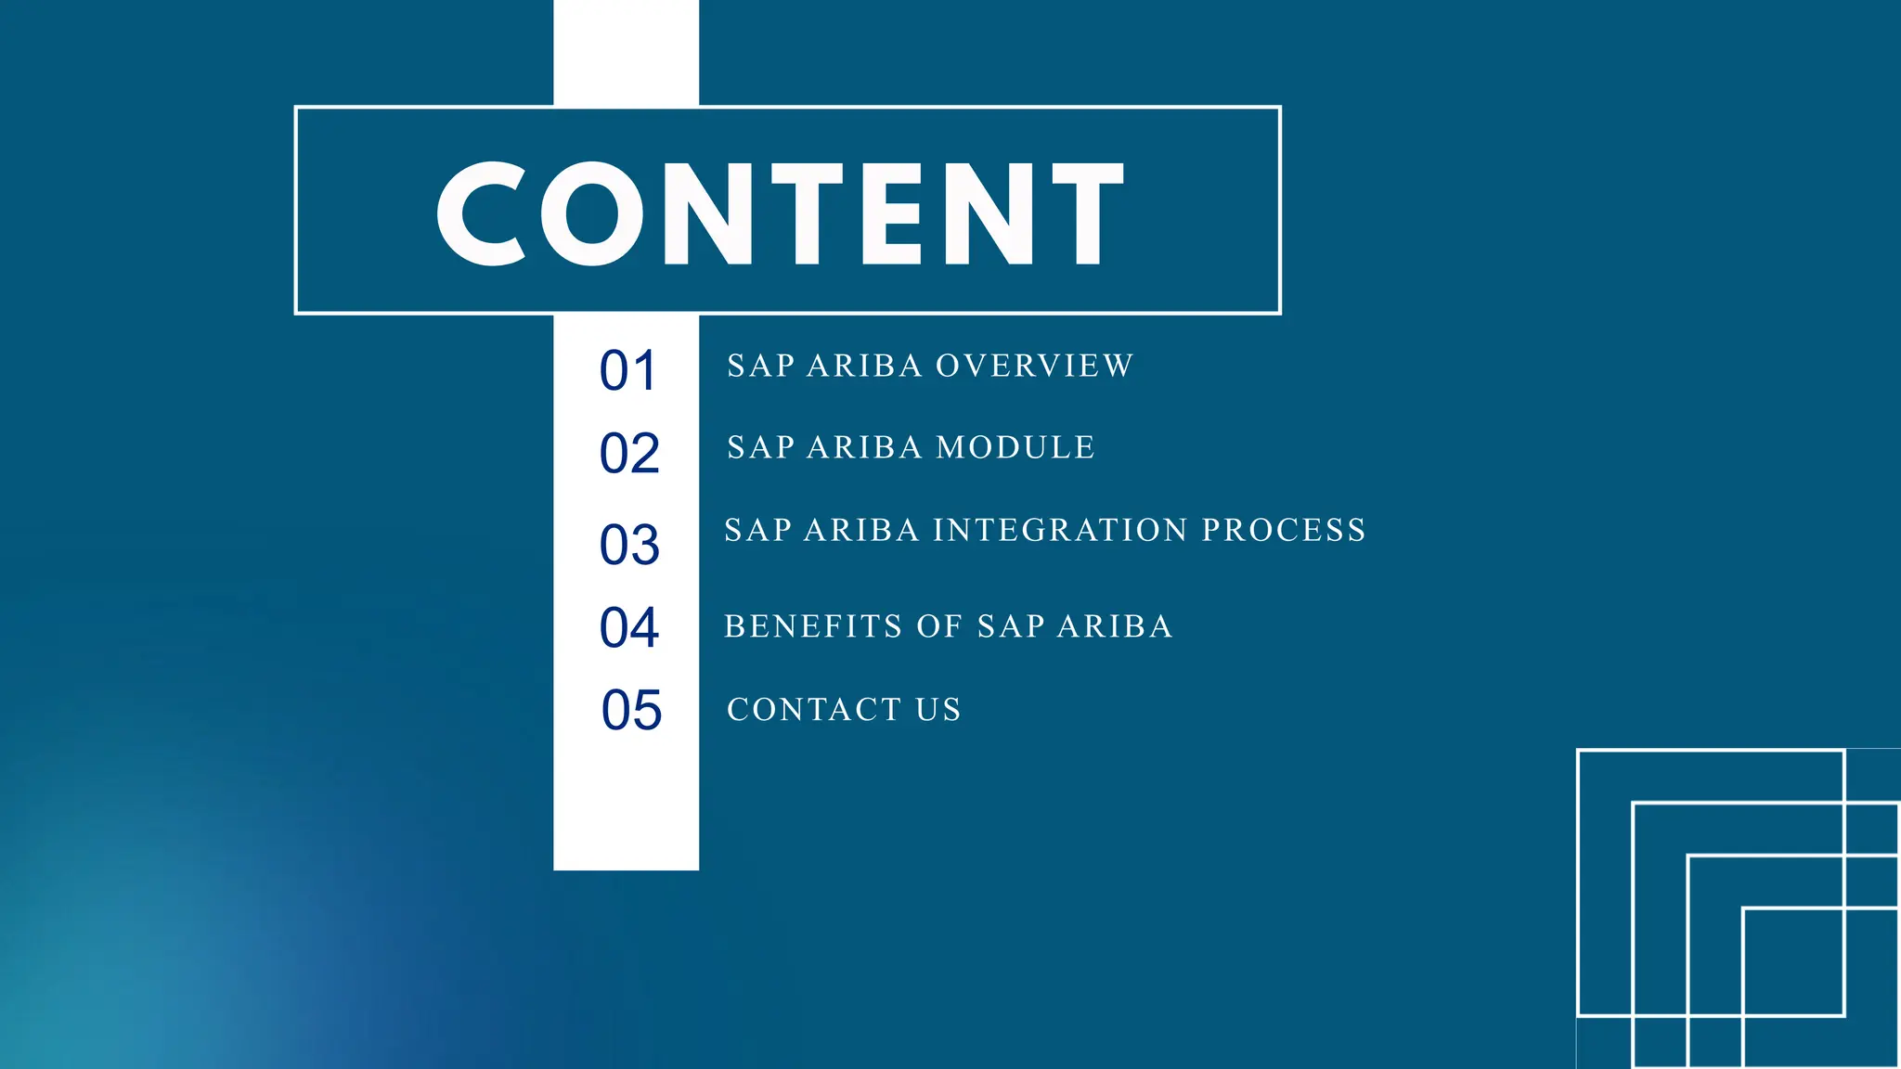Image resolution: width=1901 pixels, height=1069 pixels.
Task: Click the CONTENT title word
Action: pos(780,213)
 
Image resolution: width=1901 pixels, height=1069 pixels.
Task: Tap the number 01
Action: pos(628,371)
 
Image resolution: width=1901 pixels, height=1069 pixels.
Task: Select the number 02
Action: pos(629,454)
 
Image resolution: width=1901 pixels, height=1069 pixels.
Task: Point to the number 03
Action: pos(629,545)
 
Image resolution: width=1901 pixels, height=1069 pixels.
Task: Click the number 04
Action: pos(629,628)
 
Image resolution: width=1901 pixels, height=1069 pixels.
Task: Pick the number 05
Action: pos(631,711)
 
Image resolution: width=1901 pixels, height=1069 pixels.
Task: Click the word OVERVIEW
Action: pos(1034,366)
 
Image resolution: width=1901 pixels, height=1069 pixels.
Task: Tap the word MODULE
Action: pos(1015,447)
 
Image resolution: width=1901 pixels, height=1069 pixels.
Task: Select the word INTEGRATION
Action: pos(1060,530)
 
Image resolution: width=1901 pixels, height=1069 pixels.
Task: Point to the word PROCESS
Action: pos(1284,530)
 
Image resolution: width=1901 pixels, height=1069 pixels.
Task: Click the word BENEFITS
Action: pos(813,626)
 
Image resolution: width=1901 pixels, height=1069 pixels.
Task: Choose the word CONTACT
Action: pos(814,710)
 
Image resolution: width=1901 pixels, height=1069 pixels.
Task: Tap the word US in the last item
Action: pos(938,710)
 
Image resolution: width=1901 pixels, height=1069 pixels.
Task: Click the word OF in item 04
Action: pos(938,626)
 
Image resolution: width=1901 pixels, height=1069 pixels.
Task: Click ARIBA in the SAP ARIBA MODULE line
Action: pos(863,447)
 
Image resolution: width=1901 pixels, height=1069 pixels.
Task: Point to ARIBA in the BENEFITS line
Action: pos(1115,626)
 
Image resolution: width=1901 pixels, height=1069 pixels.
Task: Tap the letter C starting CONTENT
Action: pos(483,213)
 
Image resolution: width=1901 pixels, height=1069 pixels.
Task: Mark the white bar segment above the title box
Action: pos(626,52)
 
